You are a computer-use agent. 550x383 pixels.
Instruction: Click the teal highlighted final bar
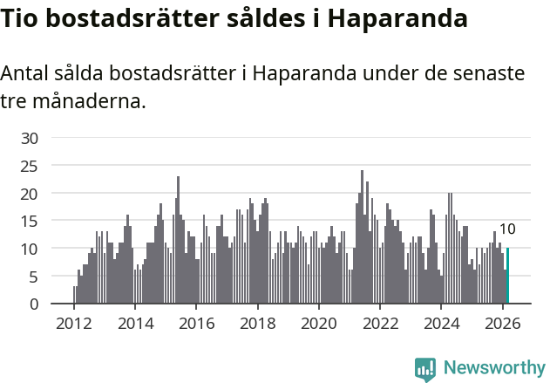point(507,276)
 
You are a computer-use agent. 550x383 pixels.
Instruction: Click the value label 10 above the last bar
point(507,229)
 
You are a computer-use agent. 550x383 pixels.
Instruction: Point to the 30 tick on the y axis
point(30,138)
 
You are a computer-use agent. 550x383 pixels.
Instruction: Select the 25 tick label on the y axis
point(30,166)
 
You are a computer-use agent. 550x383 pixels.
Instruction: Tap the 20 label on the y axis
point(30,193)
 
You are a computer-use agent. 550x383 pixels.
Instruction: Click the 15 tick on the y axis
point(30,221)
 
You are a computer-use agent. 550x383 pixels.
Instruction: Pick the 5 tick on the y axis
point(34,277)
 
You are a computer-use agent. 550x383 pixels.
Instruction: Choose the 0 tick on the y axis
point(34,304)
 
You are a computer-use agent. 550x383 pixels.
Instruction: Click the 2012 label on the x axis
point(74,323)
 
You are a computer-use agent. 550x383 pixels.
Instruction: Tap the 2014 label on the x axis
point(135,323)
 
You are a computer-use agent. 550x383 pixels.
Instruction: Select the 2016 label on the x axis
point(196,323)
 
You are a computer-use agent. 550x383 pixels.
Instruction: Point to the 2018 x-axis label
point(257,323)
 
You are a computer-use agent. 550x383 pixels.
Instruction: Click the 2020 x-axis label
point(319,323)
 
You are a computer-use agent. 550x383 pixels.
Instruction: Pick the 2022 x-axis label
point(380,323)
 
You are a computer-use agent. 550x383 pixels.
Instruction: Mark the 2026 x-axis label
point(502,323)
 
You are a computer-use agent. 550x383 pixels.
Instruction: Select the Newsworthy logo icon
point(425,369)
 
